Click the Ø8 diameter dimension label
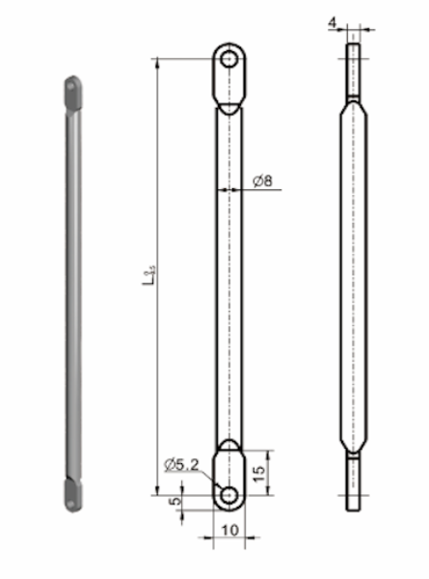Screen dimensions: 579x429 263,181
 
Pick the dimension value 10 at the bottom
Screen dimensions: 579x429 229,531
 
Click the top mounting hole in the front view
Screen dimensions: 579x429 229,60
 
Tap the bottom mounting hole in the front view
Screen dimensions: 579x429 229,494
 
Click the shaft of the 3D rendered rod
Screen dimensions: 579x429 71,289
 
